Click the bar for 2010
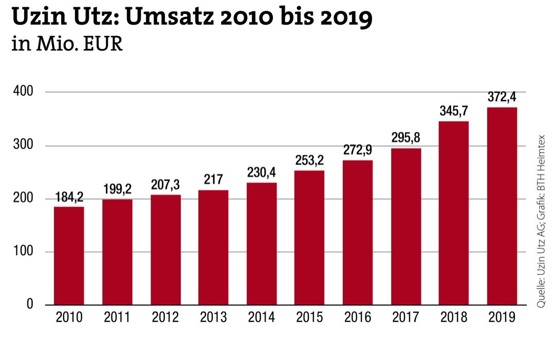[69, 256]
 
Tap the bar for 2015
[309, 238]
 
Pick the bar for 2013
[213, 247]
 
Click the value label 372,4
[502, 97]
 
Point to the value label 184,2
[69, 197]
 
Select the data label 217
[213, 180]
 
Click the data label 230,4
[262, 173]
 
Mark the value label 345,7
[454, 111]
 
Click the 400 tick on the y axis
[23, 92]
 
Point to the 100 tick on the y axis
[23, 252]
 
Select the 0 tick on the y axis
[29, 305]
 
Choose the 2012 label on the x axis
[165, 318]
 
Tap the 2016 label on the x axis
[358, 318]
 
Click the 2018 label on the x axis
[454, 318]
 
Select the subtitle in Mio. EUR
[67, 45]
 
